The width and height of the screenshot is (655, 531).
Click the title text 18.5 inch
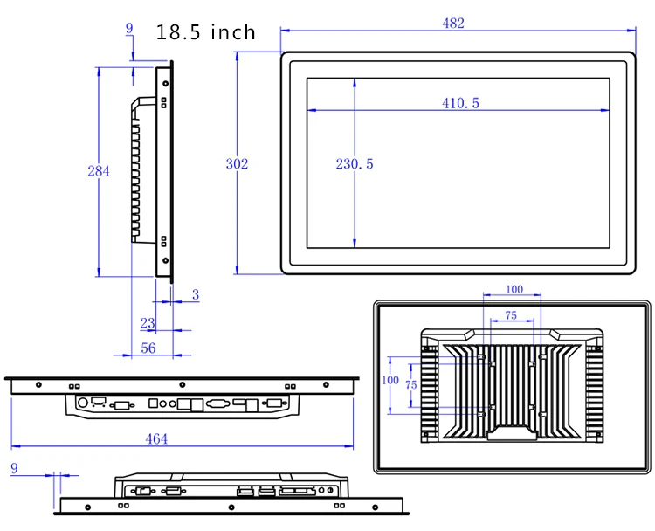tap(205, 33)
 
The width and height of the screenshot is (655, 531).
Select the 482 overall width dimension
tap(452, 24)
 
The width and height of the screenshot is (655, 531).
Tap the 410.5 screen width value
tap(460, 103)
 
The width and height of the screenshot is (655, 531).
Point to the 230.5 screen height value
tap(355, 164)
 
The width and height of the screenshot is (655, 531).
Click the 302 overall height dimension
tap(237, 164)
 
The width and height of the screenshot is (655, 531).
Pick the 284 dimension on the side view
tap(99, 171)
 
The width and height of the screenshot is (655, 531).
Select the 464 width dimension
tap(155, 439)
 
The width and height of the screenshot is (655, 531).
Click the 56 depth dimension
tap(148, 348)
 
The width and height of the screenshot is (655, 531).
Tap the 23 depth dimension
tap(148, 323)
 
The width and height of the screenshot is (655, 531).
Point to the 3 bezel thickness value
tap(196, 296)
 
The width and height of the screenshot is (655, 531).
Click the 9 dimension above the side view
tap(130, 29)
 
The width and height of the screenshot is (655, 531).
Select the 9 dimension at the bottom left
tap(13, 469)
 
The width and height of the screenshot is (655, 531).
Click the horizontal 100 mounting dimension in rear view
tap(514, 289)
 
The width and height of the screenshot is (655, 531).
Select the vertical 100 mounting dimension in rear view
tap(390, 381)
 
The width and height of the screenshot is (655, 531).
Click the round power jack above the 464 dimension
tap(82, 403)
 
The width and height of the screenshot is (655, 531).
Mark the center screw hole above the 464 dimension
tap(181, 383)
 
